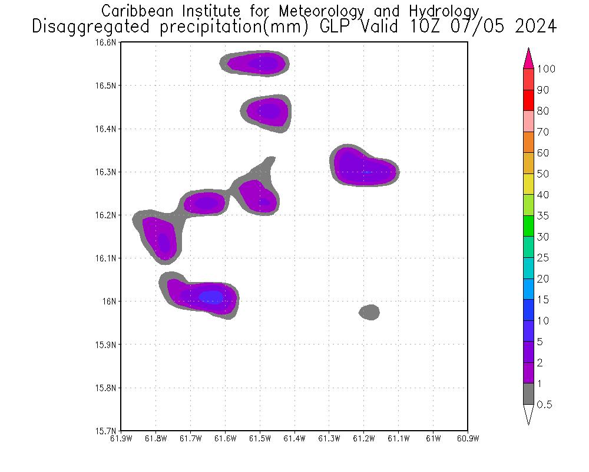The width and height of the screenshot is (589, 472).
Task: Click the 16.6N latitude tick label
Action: [x=107, y=42]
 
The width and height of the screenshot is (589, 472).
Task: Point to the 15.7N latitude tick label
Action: [x=107, y=431]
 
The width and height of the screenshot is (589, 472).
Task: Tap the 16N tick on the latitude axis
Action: [x=111, y=301]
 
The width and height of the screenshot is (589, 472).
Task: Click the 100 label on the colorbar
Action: [x=546, y=69]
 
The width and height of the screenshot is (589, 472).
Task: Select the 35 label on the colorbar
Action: [x=542, y=216]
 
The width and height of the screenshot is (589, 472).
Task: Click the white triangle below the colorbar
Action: [x=528, y=414]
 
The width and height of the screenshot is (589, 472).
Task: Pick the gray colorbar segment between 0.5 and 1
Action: [x=528, y=394]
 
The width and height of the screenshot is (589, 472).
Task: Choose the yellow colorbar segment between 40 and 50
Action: [x=528, y=184]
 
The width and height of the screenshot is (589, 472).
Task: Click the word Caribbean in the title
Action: [x=136, y=11]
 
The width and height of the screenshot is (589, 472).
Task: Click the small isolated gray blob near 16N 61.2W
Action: [x=369, y=312]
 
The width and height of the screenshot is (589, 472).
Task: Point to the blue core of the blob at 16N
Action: [x=211, y=297]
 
